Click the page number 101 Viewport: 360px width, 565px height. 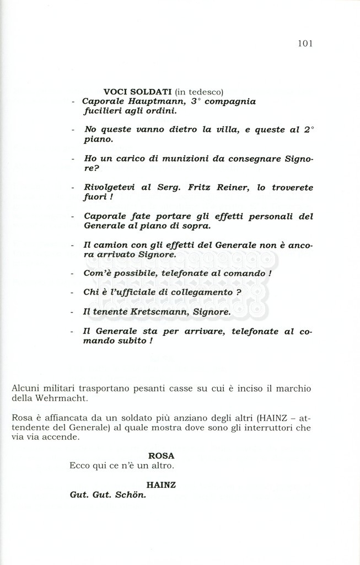tap(305, 44)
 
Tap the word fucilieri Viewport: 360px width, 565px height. tap(102, 111)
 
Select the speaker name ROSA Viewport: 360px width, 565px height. tap(161, 456)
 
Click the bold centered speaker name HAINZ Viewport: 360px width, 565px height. tap(161, 484)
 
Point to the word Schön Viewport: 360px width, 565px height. tap(131, 494)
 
